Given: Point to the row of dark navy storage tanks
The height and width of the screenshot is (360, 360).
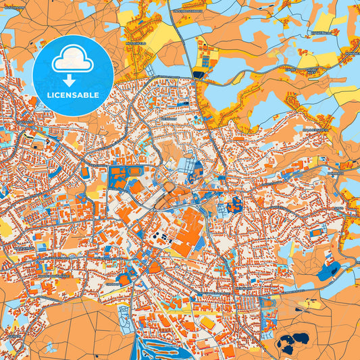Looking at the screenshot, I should click(159, 236).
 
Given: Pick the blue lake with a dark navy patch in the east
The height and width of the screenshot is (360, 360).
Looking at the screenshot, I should click(329, 271).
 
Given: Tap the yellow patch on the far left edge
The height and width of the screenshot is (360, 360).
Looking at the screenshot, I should click(5, 230).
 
